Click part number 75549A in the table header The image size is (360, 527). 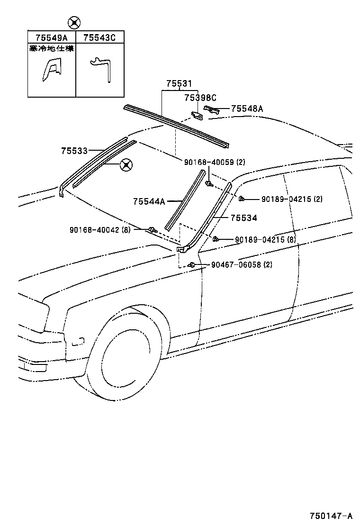(x=52, y=37)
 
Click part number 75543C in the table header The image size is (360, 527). (x=99, y=37)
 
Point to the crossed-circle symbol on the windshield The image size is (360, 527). (x=126, y=165)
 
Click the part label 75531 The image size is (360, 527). (x=179, y=84)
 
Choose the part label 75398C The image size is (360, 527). (x=200, y=98)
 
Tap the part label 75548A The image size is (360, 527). (x=247, y=109)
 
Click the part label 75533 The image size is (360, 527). (x=74, y=151)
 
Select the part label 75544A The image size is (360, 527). (x=149, y=201)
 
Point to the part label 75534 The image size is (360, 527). (x=243, y=218)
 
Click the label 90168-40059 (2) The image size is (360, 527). (x=215, y=162)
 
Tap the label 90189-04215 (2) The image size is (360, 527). (x=291, y=199)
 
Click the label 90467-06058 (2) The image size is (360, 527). (x=242, y=264)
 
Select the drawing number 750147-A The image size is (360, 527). (x=332, y=516)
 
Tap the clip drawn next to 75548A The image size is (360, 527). (x=212, y=110)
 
